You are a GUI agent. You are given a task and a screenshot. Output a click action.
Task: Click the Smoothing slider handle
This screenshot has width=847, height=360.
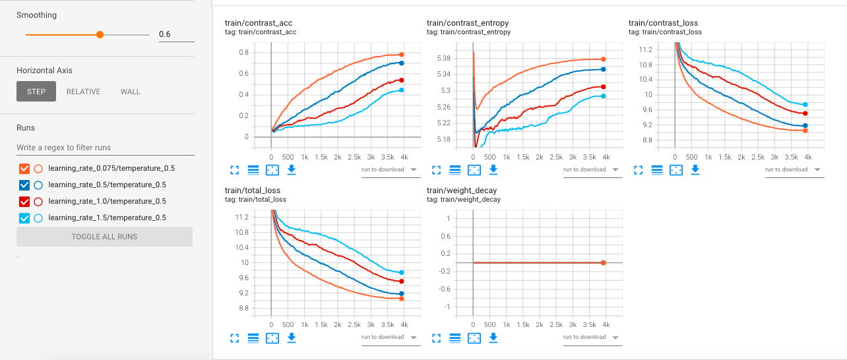[100, 34]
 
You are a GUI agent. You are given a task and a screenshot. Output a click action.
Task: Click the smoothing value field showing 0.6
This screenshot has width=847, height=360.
[176, 34]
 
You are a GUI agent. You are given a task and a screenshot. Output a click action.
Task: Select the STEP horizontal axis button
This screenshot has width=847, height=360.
[36, 92]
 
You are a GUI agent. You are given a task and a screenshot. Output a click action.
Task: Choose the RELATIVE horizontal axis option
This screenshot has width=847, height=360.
[83, 92]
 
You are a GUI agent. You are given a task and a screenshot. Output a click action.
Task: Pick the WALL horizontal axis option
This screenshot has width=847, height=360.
[130, 92]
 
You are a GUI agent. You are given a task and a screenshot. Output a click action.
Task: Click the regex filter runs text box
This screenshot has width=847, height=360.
[105, 148]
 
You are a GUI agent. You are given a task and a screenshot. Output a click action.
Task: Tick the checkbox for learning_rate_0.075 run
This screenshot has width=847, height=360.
[25, 168]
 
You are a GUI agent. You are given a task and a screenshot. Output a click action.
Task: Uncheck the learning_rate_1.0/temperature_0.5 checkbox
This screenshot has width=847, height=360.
[25, 201]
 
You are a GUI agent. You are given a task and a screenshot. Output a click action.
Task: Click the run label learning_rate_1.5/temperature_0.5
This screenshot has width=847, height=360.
[107, 218]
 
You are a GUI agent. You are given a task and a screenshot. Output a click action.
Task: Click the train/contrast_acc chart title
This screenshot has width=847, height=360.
[259, 23]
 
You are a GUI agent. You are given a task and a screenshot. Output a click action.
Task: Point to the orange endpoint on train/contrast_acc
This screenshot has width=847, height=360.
[401, 55]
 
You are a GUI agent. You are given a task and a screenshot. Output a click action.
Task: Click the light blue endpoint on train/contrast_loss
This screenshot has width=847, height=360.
[805, 105]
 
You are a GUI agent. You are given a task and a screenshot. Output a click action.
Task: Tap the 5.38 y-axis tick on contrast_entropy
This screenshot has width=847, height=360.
[445, 59]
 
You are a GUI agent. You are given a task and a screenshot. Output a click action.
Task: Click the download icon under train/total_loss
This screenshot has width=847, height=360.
[291, 338]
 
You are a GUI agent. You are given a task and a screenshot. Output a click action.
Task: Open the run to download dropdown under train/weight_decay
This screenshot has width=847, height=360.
[590, 337]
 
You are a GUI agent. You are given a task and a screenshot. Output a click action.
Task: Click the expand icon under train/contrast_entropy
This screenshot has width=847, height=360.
[436, 170]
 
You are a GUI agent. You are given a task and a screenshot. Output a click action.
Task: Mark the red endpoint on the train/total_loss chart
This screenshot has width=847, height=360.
[401, 282]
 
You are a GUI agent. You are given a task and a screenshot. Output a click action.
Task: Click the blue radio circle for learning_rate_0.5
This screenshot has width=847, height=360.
[38, 185]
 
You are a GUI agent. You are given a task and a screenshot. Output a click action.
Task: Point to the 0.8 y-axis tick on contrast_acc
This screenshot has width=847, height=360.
[243, 52]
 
